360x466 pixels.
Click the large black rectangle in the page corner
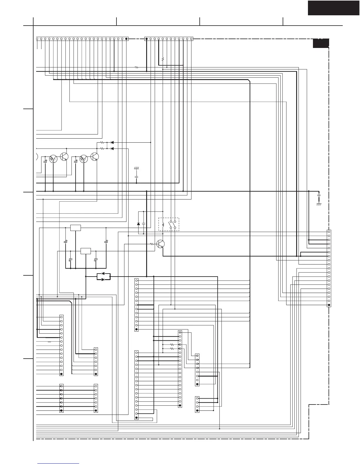(334, 8)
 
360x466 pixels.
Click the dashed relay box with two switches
(169, 224)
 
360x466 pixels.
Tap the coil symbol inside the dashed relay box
(163, 225)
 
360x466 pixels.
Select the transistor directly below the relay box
(161, 244)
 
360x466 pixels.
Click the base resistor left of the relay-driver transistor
(152, 244)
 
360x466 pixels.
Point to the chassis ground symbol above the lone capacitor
(136, 168)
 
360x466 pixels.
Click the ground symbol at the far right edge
(319, 204)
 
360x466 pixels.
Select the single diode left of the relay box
(139, 224)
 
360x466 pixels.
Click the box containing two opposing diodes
(103, 277)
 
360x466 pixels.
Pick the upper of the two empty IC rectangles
(76, 228)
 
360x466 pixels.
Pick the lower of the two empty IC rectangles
(86, 251)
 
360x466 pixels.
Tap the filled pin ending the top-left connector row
(126, 39)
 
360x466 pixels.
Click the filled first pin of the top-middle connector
(146, 39)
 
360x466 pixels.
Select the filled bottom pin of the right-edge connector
(329, 305)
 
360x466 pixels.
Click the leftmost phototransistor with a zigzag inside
(53, 159)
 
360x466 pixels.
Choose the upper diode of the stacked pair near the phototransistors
(112, 142)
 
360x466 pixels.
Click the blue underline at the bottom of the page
(58, 464)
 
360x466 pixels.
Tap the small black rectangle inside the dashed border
(321, 43)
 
